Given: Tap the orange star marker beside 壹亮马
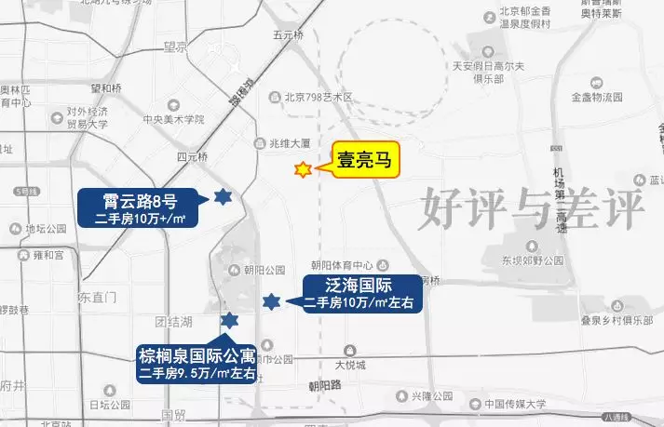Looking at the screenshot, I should point(303,170).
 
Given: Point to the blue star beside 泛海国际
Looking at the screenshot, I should point(271,300).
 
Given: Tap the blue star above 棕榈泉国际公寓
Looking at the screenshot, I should point(228,321).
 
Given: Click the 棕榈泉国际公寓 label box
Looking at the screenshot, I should point(196,363).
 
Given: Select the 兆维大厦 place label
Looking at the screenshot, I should point(289,144).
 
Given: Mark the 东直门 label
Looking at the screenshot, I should point(96,298).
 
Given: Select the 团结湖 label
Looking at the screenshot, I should point(173,322).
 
